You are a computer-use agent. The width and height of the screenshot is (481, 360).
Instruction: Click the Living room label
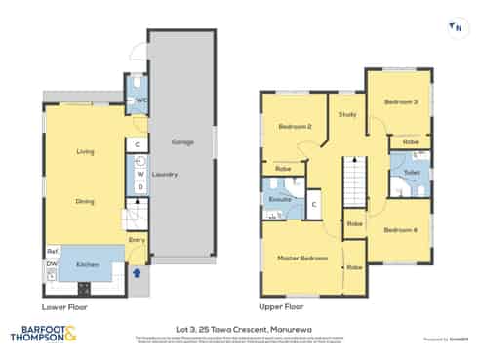(84, 152)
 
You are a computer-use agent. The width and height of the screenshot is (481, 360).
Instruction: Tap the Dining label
(84, 201)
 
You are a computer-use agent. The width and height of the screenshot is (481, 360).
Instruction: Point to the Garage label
(182, 142)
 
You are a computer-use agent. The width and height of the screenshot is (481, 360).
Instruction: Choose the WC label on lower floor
(141, 100)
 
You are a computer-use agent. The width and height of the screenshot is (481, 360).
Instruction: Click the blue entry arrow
(137, 273)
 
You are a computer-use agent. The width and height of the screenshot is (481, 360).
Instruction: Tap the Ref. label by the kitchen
(52, 251)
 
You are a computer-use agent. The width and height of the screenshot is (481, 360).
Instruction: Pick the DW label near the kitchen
(51, 263)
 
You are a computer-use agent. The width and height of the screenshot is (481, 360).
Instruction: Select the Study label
(346, 115)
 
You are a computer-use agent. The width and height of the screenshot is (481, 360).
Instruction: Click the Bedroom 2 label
(294, 127)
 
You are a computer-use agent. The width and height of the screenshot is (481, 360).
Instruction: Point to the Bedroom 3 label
(399, 102)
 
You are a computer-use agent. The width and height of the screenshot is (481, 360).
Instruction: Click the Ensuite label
(281, 200)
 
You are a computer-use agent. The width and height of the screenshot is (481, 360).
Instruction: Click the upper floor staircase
(354, 183)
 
